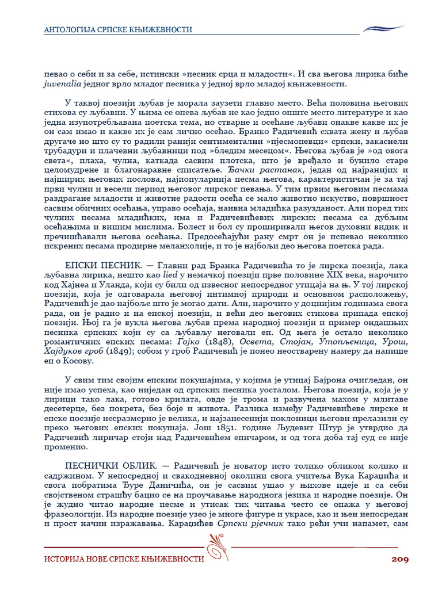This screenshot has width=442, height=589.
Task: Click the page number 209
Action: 400,559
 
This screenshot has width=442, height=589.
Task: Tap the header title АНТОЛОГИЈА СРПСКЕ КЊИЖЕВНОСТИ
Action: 118,29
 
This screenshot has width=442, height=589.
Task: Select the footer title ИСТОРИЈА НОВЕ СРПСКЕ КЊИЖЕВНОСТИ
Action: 124,559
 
